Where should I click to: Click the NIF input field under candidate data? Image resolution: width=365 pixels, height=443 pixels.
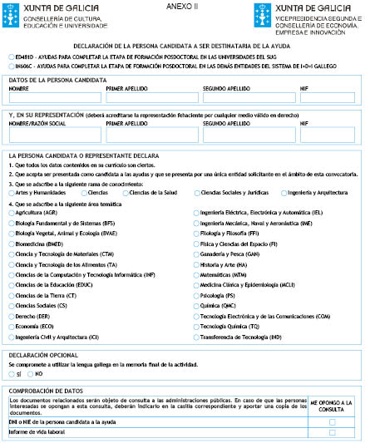327,97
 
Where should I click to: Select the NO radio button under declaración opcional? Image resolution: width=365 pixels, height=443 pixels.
31,374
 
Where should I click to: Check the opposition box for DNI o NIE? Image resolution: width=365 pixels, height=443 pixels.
333,422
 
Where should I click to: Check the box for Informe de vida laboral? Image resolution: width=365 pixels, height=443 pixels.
333,432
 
